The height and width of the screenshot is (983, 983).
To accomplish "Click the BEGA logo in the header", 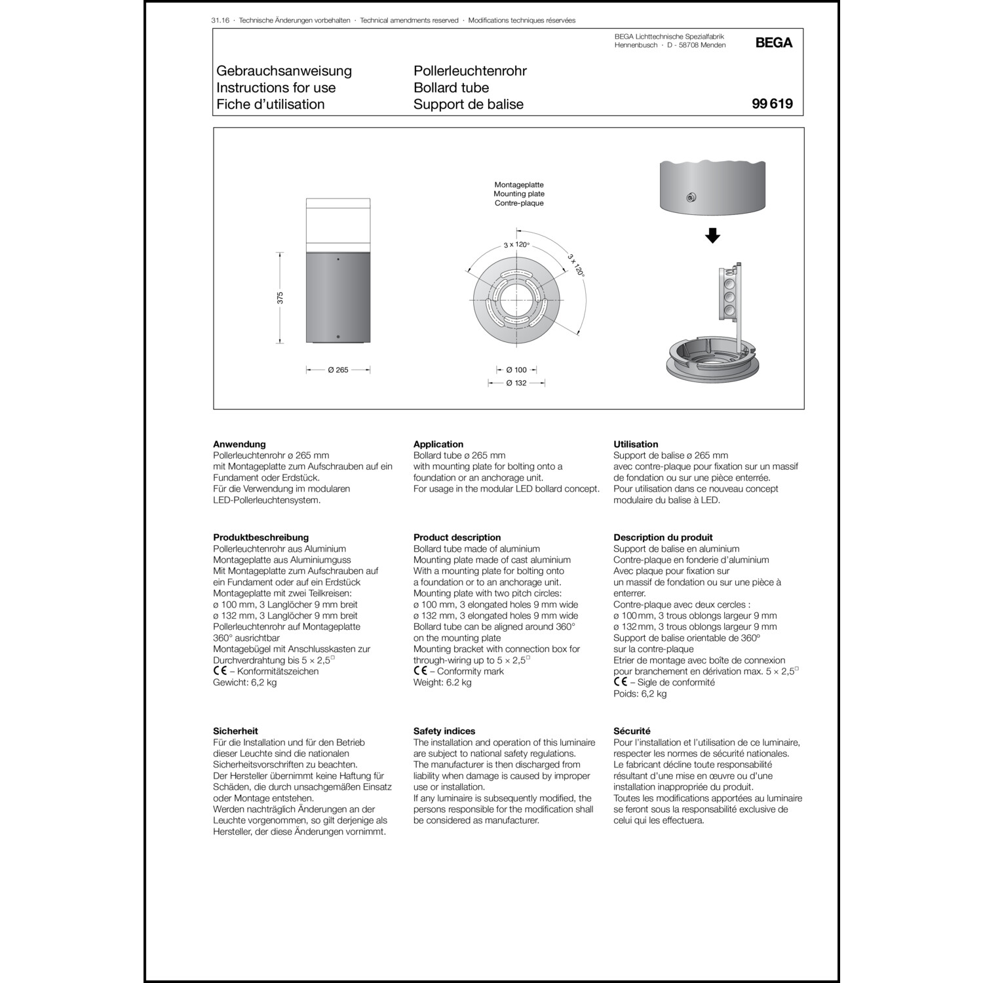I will coord(773,43).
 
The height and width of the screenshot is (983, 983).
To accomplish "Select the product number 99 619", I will coord(772,104).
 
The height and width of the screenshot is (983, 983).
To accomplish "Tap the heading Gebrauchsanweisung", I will coord(284,71).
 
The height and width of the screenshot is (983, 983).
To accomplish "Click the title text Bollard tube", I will coord(451,87).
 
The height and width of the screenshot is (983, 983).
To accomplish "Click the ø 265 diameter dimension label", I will coord(338,370).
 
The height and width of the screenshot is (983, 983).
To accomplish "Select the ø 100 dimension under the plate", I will coord(516,370).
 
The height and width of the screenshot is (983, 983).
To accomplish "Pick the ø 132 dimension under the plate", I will coord(516,383).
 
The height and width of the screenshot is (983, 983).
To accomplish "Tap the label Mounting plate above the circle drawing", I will coord(519,194).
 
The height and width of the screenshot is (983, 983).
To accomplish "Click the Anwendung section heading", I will coord(239,444).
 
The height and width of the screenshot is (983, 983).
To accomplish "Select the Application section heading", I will coord(438,444).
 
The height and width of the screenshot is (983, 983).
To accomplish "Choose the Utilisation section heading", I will coord(636,444).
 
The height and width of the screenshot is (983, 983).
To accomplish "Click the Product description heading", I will coord(457,537).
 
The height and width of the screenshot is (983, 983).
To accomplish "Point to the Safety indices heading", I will coord(444,731).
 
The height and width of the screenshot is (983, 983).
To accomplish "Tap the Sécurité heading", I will coord(632,731).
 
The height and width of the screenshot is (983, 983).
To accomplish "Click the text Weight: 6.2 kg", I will coord(442,682).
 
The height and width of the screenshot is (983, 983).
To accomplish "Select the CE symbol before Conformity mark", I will coord(420,671).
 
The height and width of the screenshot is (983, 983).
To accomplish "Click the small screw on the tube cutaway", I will coord(690,197).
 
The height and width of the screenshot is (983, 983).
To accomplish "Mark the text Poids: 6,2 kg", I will coord(640,693).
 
